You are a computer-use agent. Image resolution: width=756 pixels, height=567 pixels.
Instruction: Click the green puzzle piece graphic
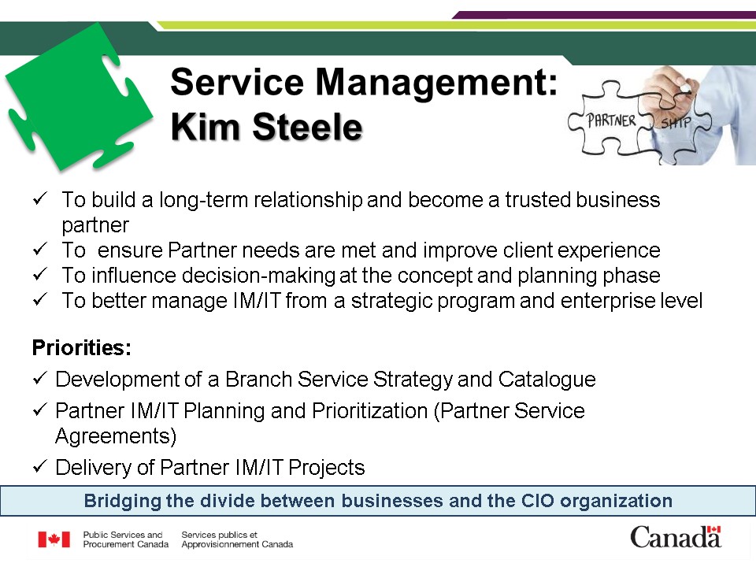[x=77, y=96]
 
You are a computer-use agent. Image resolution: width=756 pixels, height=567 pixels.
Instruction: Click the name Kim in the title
[x=206, y=127]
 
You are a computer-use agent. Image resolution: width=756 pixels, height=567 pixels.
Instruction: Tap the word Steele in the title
[x=307, y=127]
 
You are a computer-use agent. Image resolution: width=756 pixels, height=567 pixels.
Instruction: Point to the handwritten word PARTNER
[x=611, y=120]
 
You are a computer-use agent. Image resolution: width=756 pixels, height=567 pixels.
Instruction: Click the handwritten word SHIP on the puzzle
[x=676, y=123]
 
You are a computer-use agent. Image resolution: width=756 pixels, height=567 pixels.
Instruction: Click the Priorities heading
[x=81, y=347]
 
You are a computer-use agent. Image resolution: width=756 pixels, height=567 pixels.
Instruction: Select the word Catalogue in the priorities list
[x=547, y=380]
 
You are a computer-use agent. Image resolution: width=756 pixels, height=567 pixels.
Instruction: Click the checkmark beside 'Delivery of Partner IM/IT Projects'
[x=39, y=466]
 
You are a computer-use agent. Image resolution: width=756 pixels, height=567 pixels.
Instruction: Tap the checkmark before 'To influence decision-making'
[x=39, y=274]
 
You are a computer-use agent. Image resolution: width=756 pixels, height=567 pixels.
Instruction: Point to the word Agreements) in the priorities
[x=116, y=436]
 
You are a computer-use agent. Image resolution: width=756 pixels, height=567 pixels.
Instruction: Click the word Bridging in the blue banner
[x=123, y=502]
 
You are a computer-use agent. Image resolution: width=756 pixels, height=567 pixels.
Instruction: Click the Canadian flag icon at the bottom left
[x=54, y=539]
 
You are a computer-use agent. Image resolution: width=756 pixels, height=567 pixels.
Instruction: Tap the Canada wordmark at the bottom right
[x=676, y=537]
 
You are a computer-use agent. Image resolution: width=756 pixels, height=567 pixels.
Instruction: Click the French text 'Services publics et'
[x=220, y=535]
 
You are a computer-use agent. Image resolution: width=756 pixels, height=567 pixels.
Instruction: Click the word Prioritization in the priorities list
[x=370, y=411]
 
